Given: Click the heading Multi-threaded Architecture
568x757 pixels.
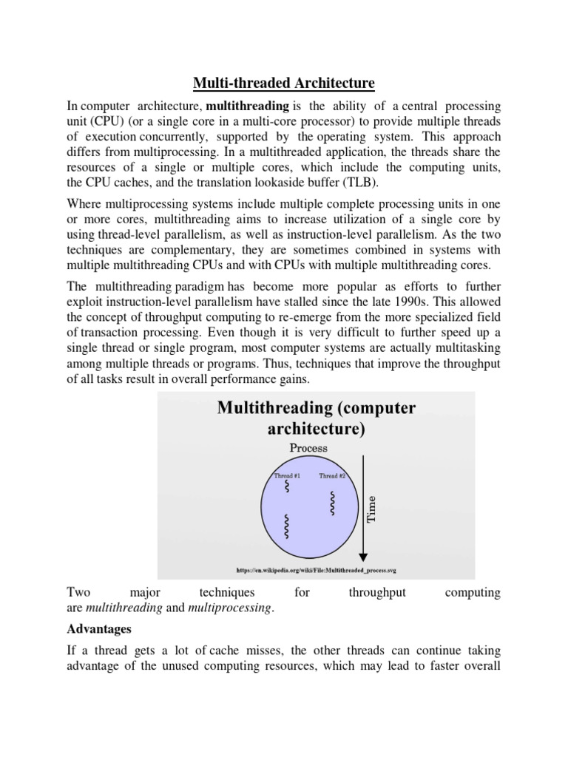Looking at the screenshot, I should (283, 82).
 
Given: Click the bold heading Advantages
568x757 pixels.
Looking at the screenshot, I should (98, 629).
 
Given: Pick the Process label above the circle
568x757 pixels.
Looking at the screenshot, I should (309, 447).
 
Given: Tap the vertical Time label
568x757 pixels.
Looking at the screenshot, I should (372, 509).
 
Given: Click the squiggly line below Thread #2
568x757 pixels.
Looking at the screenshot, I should (334, 503).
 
